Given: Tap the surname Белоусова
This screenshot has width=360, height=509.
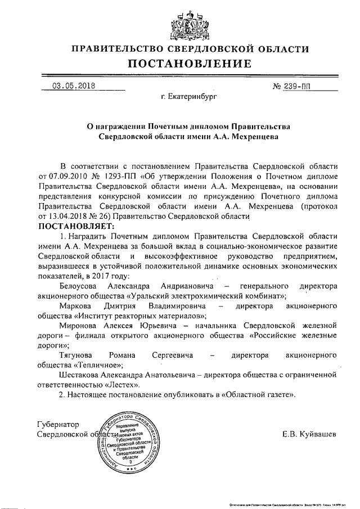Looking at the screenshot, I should (x=82, y=286).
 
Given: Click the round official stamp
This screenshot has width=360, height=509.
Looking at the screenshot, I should (x=128, y=440).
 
